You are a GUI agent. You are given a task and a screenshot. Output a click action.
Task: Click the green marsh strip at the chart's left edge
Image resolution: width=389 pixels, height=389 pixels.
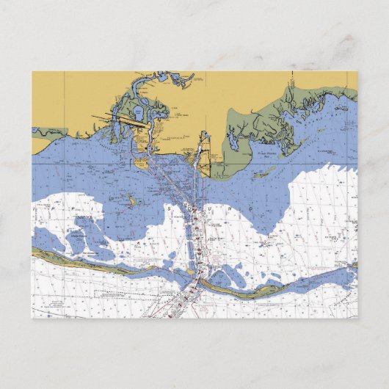click(x=46, y=132)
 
